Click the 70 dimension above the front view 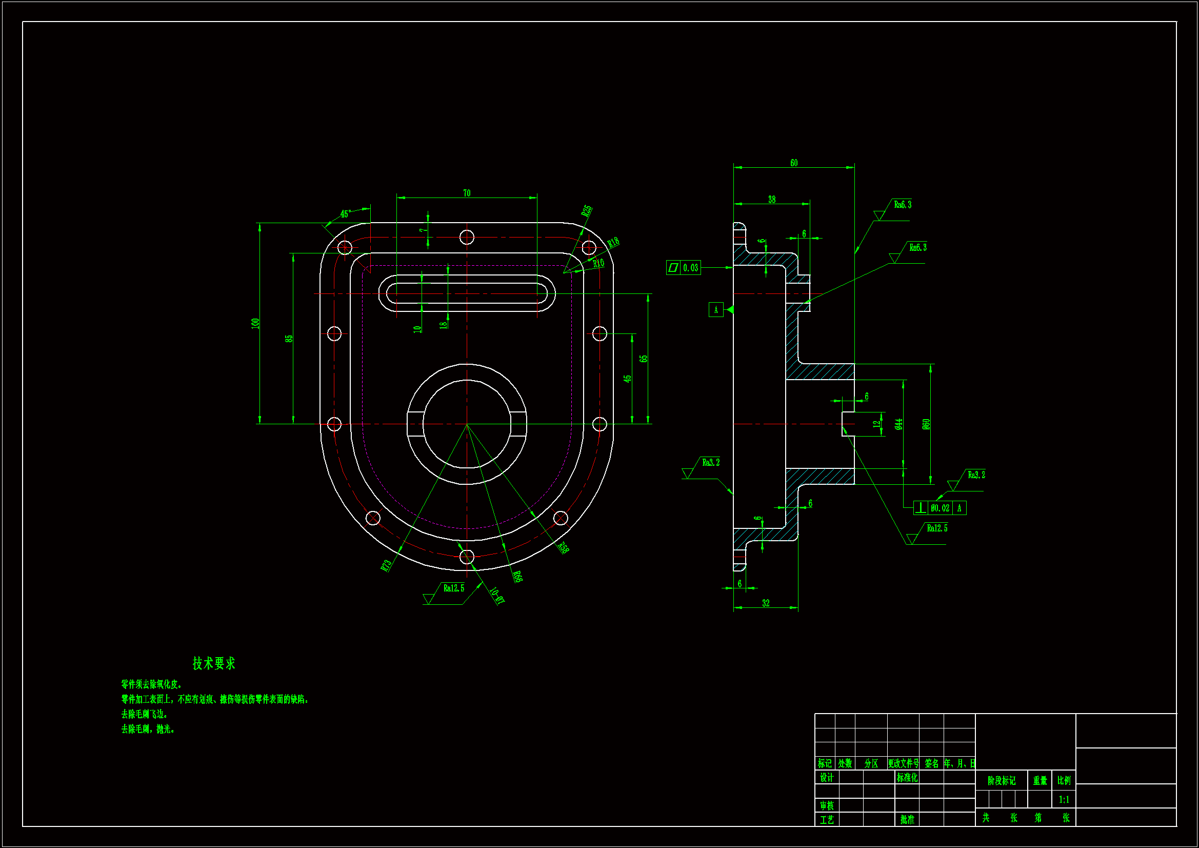[x=466, y=193]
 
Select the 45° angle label [x=345, y=214]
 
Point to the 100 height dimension [x=255, y=323]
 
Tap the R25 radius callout [x=587, y=210]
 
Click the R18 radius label [x=613, y=243]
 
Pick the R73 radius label [x=387, y=565]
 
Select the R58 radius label [x=563, y=547]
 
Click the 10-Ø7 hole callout [x=497, y=596]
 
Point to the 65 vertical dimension [x=644, y=359]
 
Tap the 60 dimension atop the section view [x=794, y=163]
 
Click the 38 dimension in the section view [x=772, y=200]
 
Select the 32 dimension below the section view [x=766, y=603]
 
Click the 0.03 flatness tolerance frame [x=684, y=268]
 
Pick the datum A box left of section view [x=715, y=310]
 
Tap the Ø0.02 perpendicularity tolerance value [x=940, y=508]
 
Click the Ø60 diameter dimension [x=926, y=424]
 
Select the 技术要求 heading [x=214, y=663]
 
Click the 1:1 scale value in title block [x=1064, y=799]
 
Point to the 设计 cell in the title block [x=827, y=778]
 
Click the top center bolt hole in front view [x=467, y=238]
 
